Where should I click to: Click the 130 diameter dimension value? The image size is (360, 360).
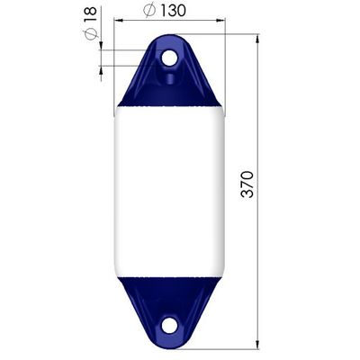pos(173,11)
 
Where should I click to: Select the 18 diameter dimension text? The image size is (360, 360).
pos(91,14)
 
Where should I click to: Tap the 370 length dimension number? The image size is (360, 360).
pos(247,184)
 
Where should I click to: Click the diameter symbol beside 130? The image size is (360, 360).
pos(149,11)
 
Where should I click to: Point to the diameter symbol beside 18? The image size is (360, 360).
pos(91,33)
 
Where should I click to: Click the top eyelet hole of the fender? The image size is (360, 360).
pos(169,58)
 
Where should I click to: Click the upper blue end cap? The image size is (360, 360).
pos(169,71)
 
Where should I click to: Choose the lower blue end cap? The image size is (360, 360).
pos(169,312)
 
